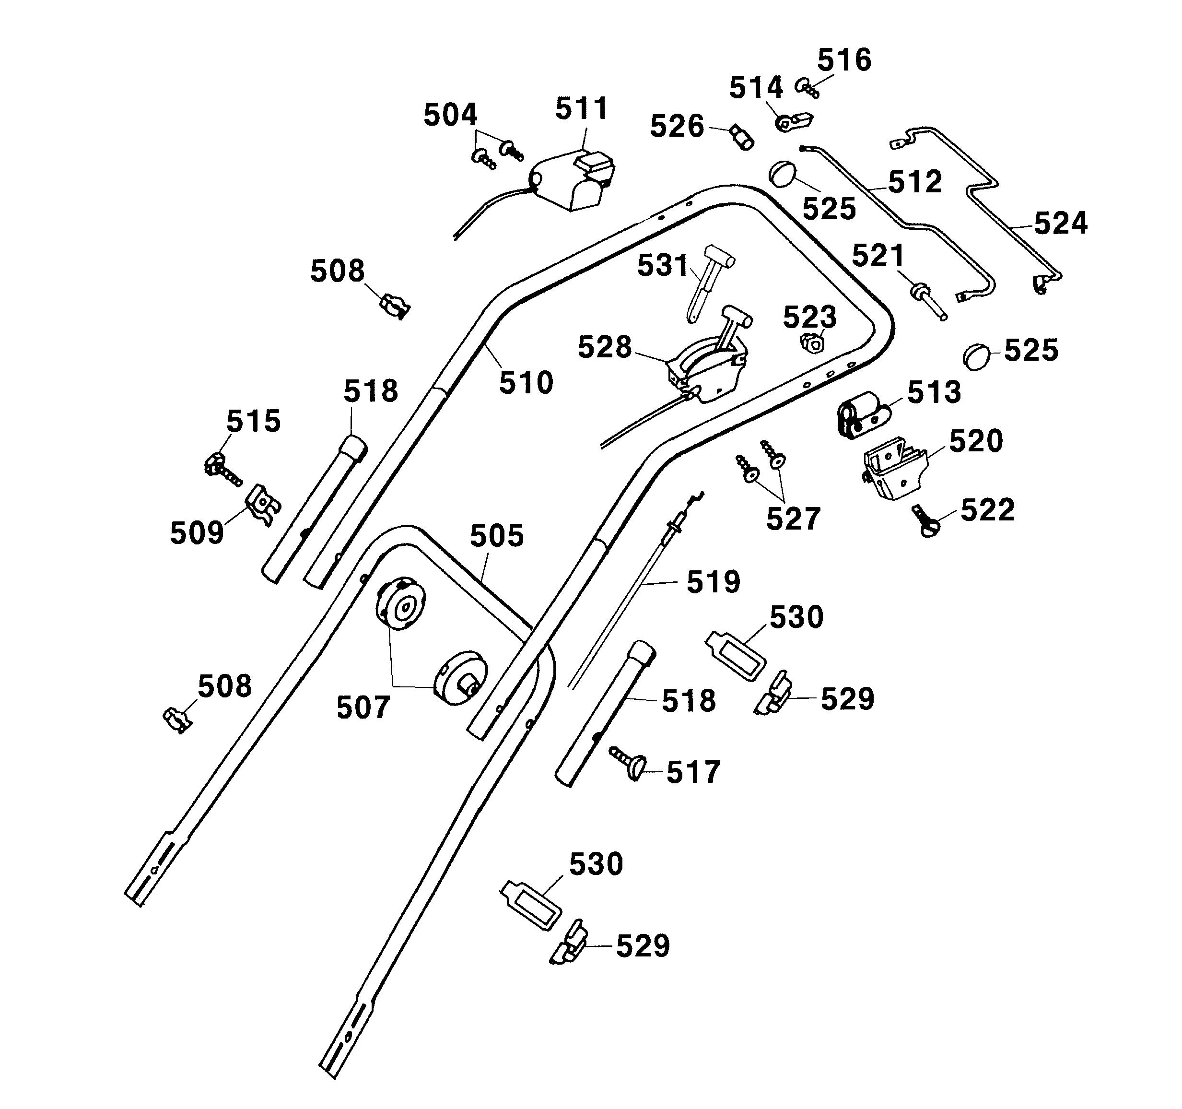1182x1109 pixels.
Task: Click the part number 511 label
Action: [x=582, y=109]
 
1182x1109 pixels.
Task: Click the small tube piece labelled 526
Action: [x=742, y=138]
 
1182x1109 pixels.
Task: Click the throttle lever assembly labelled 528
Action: [x=708, y=369]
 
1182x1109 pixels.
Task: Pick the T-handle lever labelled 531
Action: [x=708, y=280]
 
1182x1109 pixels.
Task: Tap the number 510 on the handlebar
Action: [x=526, y=383]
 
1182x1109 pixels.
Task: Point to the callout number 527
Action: [x=793, y=519]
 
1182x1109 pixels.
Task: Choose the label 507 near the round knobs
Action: [x=363, y=708]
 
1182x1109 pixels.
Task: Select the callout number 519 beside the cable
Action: [x=713, y=582]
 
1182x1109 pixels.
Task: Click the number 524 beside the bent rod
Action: [x=1060, y=224]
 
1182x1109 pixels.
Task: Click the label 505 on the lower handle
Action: [x=496, y=536]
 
